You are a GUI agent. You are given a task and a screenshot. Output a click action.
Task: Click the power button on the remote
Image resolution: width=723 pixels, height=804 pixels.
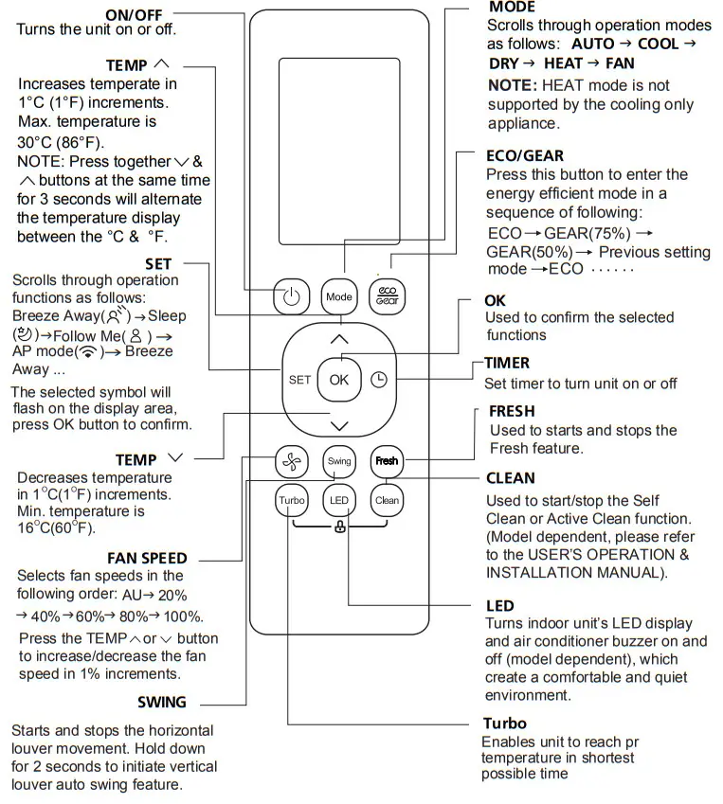291,297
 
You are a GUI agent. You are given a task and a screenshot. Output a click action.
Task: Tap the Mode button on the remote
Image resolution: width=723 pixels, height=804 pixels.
339,297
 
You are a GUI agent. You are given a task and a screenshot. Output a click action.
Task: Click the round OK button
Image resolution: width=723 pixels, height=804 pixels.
339,379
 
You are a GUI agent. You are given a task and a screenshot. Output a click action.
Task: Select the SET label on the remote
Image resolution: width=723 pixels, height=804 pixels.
299,379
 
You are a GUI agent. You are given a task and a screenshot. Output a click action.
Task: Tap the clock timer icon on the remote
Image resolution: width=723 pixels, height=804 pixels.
379,379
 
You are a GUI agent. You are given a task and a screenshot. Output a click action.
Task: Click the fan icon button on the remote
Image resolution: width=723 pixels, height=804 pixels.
290,461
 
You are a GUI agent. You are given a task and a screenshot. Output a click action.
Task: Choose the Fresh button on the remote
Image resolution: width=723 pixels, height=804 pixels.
387,461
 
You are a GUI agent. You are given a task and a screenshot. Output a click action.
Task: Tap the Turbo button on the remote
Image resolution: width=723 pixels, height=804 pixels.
290,500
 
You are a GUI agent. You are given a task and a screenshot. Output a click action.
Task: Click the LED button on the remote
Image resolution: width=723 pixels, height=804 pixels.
338,500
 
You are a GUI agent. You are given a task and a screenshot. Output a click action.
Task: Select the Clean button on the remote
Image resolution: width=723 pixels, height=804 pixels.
387,500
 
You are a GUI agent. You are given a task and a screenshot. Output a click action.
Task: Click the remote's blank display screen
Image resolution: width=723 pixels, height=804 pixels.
339,152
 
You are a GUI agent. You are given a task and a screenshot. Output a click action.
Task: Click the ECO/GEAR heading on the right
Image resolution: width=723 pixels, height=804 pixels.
524,156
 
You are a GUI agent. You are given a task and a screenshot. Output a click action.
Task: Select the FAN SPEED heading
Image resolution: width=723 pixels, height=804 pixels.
147,558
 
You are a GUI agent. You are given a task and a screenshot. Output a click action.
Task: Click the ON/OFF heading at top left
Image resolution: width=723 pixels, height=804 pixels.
134,13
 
